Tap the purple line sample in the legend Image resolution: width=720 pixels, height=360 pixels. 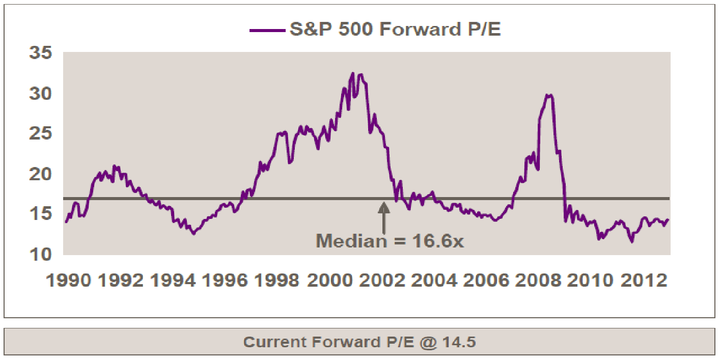(266, 30)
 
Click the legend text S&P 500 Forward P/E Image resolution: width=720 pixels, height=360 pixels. (395, 30)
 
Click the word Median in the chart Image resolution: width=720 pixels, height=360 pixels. (351, 240)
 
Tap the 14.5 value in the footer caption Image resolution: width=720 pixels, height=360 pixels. (460, 342)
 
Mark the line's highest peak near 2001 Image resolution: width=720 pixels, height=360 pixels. (352, 73)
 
